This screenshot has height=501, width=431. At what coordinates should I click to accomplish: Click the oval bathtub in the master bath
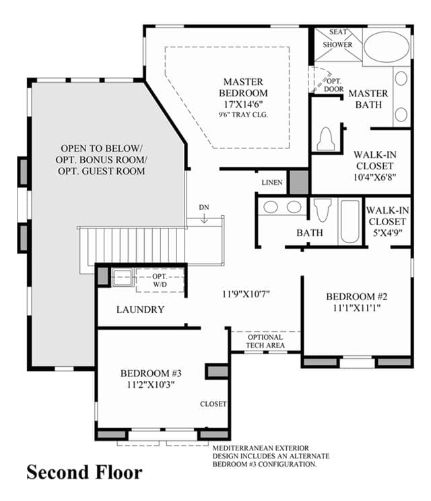click(387, 47)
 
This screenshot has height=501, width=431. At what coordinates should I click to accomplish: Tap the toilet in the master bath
click(326, 139)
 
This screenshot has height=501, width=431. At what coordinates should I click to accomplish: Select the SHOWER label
click(337, 45)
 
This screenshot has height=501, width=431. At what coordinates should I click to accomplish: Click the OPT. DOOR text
click(334, 85)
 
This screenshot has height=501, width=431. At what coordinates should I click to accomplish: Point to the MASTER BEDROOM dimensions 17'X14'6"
click(243, 104)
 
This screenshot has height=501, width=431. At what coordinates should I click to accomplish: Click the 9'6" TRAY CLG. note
click(243, 115)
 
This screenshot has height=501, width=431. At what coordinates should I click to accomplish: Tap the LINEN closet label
click(272, 183)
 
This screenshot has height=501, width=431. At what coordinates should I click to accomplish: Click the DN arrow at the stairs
click(204, 218)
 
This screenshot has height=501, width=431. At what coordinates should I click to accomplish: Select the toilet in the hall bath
click(323, 210)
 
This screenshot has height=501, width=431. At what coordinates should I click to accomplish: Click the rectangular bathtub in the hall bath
click(350, 221)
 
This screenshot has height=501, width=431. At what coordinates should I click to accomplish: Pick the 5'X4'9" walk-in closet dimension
click(387, 233)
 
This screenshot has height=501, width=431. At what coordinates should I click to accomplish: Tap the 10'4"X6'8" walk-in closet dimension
click(375, 177)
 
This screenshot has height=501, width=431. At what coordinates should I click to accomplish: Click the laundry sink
click(123, 277)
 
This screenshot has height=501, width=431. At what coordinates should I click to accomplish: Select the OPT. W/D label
click(160, 281)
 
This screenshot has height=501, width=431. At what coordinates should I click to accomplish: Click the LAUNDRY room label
click(140, 310)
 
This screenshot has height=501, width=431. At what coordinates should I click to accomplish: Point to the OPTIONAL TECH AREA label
click(265, 341)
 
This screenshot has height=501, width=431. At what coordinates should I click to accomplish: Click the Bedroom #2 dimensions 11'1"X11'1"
click(357, 308)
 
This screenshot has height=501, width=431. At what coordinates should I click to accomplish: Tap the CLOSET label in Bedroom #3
click(213, 404)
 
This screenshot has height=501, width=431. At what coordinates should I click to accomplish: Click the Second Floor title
click(84, 472)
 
